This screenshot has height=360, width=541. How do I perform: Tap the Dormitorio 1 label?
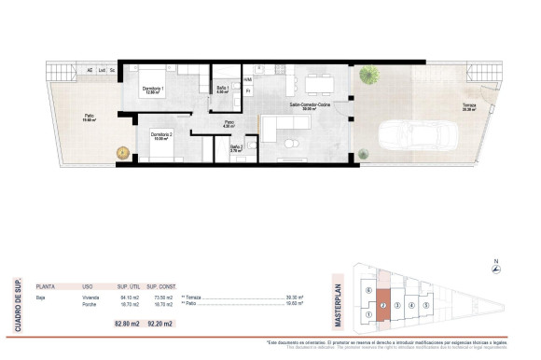[152, 90]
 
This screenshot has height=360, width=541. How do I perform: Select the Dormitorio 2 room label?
[163, 133]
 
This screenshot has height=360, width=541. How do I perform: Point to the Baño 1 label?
[222, 89]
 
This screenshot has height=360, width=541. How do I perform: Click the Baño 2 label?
[236, 146]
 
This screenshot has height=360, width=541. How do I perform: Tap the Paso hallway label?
[229, 123]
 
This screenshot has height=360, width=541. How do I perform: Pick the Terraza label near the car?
[469, 106]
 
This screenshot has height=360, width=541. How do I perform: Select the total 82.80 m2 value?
[127, 324]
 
